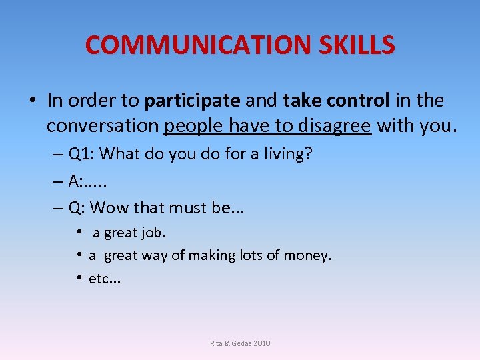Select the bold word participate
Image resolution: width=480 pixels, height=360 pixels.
[192, 101]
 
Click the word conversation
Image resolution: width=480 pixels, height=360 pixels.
[103, 125]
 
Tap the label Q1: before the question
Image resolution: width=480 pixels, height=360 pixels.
[83, 154]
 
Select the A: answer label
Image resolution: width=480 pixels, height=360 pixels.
[75, 181]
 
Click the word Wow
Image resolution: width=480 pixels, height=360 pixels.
[109, 208]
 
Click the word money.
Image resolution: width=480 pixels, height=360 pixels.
[307, 255]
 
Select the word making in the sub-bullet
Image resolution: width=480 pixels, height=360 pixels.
[209, 255]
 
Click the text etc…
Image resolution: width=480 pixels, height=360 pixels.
[105, 278]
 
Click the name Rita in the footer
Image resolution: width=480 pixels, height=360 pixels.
[217, 343]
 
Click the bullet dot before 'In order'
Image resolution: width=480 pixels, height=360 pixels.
[32, 101]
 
